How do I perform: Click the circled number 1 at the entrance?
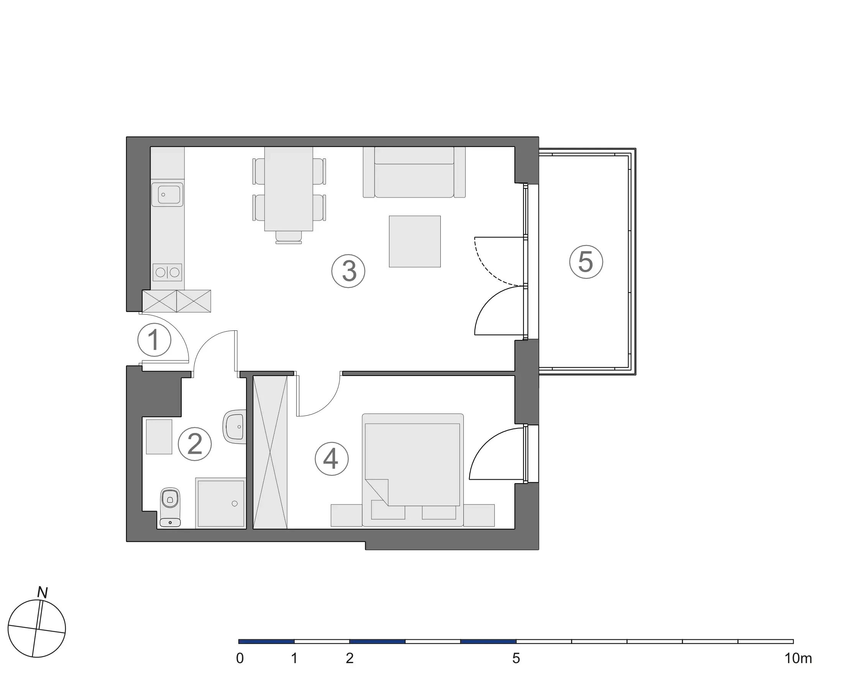click(154, 340)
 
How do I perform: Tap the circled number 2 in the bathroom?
click(195, 444)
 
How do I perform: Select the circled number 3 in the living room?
click(348, 271)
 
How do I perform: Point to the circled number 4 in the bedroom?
click(332, 459)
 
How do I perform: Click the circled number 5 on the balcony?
click(586, 262)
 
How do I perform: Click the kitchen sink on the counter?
click(167, 194)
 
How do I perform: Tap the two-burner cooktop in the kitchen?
click(167, 272)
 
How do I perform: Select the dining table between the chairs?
click(289, 189)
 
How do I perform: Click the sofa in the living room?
click(414, 172)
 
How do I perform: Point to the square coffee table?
click(415, 242)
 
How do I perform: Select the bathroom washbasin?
click(235, 427)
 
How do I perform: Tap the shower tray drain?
click(235, 503)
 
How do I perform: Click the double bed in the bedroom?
click(413, 470)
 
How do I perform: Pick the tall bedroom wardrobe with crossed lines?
click(270, 452)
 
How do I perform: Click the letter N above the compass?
click(42, 592)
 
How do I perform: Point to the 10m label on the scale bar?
click(798, 658)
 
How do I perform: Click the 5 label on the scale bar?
click(516, 658)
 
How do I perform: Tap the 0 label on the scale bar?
click(240, 658)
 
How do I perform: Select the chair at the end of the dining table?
click(289, 237)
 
